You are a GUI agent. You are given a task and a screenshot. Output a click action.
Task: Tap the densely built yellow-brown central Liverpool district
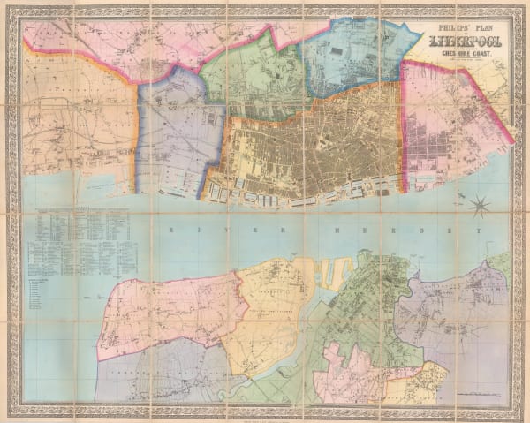point(309,146)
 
